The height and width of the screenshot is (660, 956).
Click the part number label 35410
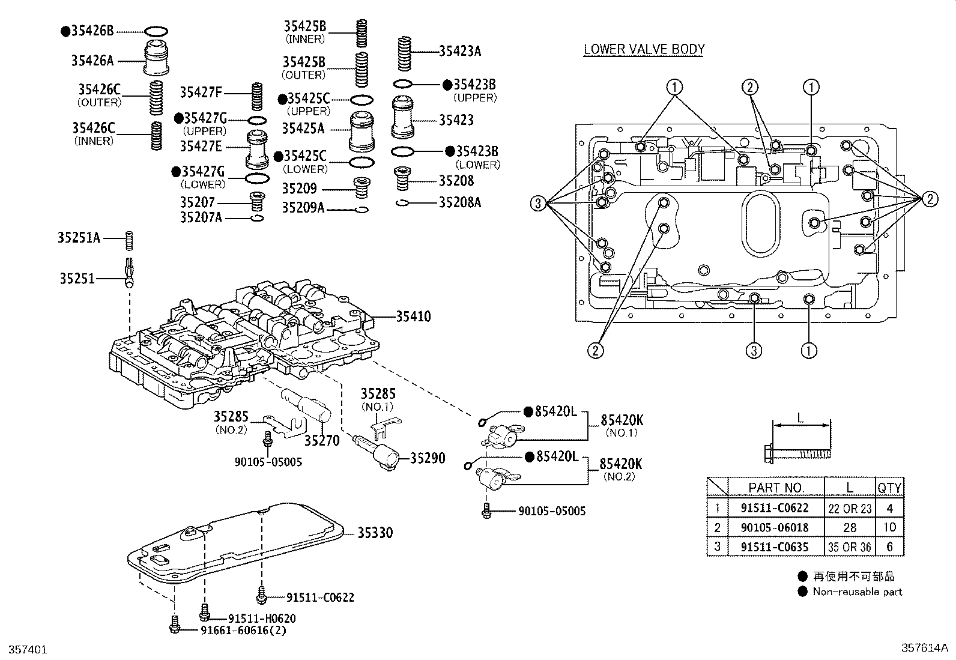click(413, 316)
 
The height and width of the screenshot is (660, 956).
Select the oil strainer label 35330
click(375, 533)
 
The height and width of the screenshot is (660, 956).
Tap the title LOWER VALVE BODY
click(644, 49)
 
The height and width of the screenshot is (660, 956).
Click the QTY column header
click(889, 488)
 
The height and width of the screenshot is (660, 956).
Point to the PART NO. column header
click(776, 488)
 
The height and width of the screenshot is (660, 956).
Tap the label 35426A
click(92, 60)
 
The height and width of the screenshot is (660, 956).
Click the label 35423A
click(460, 52)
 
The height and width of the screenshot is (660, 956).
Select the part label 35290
click(428, 459)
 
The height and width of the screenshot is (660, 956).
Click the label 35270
click(322, 441)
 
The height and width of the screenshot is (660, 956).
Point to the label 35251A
click(79, 238)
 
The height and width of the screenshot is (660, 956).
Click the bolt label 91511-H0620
click(262, 618)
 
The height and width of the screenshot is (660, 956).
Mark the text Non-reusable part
click(857, 592)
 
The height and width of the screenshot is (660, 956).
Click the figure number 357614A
click(923, 648)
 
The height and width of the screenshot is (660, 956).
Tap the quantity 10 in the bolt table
click(889, 527)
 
